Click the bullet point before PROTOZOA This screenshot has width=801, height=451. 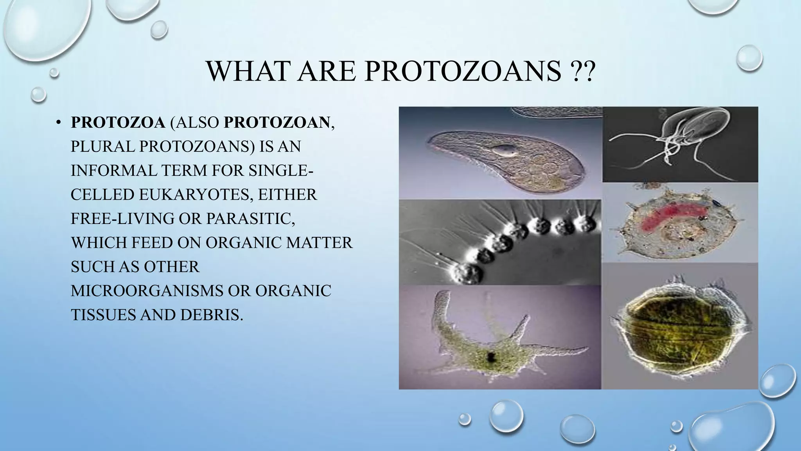[58, 123]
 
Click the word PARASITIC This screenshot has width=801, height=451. [250, 218]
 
